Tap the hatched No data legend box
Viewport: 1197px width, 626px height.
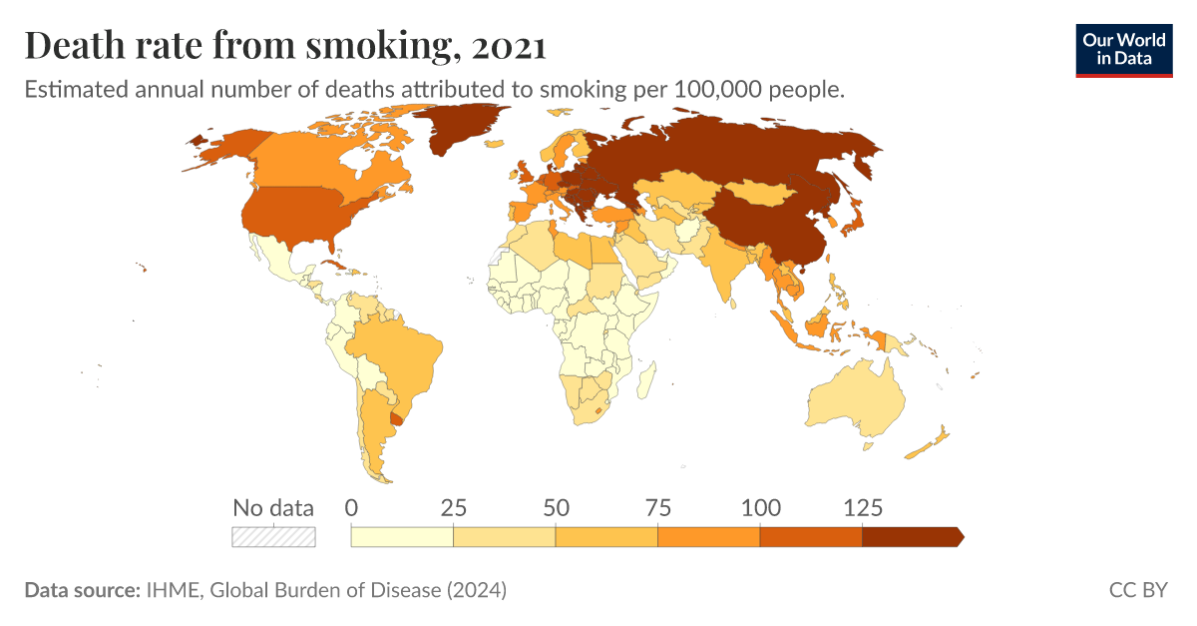[273, 536]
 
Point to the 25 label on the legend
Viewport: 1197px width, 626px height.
[454, 507]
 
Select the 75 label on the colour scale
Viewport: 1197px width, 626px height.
[657, 507]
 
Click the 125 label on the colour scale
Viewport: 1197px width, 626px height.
[862, 507]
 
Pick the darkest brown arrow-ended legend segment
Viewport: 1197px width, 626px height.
[910, 536]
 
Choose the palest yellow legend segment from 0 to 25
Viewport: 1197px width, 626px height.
[402, 536]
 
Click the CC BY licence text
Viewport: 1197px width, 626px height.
[1137, 590]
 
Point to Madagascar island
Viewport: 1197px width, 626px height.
[646, 380]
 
